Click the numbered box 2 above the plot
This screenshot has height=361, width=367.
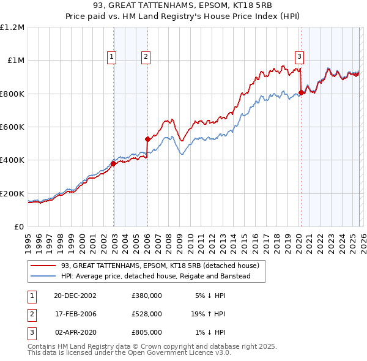(146, 58)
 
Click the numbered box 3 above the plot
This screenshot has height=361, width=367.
(300, 58)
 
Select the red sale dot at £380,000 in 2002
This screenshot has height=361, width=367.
(114, 163)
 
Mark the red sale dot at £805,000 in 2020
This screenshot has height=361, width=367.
(300, 93)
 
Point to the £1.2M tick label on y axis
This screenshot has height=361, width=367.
(12, 28)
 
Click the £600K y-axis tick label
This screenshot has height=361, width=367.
(12, 127)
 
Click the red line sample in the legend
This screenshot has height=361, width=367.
(43, 266)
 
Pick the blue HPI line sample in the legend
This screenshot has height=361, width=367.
(43, 277)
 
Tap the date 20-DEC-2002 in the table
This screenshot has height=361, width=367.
(75, 295)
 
